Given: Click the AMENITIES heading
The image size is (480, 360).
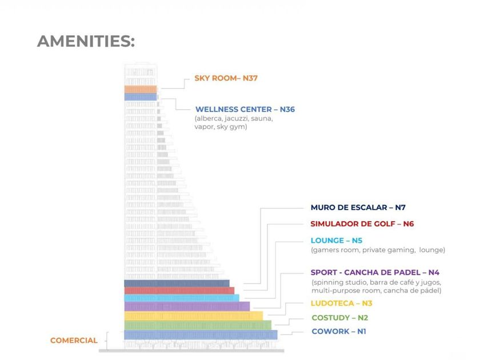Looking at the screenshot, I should (86, 41).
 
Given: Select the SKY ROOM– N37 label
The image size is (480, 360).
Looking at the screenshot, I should (226, 78).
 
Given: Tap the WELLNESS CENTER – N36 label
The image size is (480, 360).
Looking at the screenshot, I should (245, 109).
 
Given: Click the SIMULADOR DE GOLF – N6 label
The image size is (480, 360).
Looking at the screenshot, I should (362, 224).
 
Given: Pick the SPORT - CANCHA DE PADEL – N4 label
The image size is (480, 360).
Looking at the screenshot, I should (375, 273).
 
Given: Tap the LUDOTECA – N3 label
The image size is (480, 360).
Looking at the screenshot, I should (341, 303).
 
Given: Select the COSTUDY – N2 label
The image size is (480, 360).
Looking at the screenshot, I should (339, 318).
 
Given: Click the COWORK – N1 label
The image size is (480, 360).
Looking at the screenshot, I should (338, 331).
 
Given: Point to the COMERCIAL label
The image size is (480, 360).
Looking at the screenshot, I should (74, 341).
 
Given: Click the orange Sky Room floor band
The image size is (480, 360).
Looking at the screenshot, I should (141, 89).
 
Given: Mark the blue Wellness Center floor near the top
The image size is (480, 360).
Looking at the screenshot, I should (141, 97).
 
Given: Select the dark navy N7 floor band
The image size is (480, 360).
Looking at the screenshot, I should (177, 283).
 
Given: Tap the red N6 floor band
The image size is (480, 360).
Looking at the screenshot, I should (179, 290).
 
